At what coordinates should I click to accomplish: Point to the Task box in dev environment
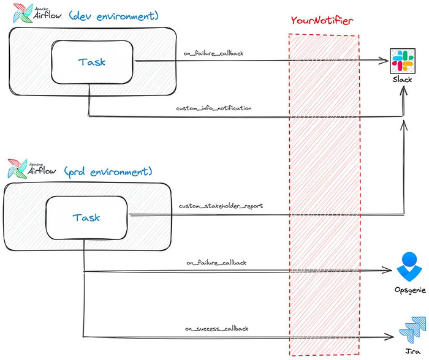(x=92, y=61)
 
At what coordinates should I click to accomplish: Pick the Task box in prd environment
(x=86, y=217)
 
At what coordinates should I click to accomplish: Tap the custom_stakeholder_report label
(x=221, y=206)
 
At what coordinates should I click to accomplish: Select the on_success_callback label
(x=217, y=329)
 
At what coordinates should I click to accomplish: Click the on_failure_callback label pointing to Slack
(x=213, y=53)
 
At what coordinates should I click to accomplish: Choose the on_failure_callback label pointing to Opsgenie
(x=216, y=263)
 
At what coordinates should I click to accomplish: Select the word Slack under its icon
(x=402, y=80)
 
